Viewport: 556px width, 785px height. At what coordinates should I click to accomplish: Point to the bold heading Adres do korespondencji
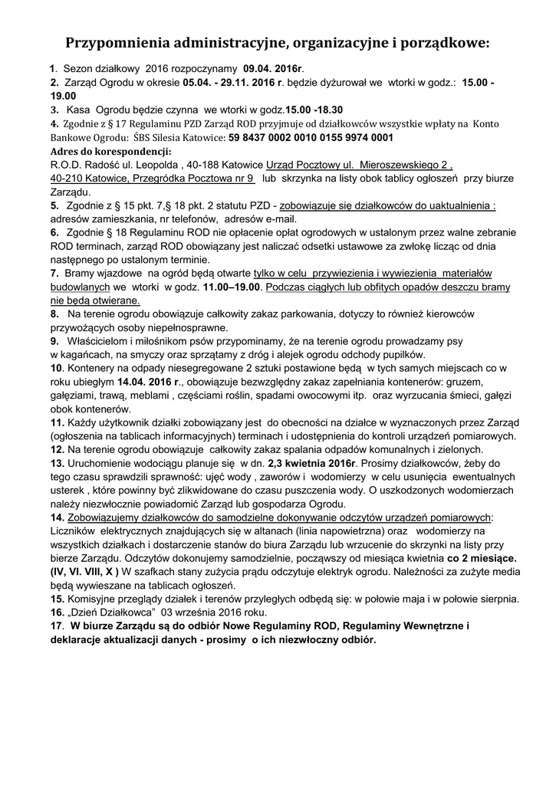110,151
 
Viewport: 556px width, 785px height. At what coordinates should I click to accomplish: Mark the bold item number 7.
54,273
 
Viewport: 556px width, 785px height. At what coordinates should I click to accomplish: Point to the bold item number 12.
57,449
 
